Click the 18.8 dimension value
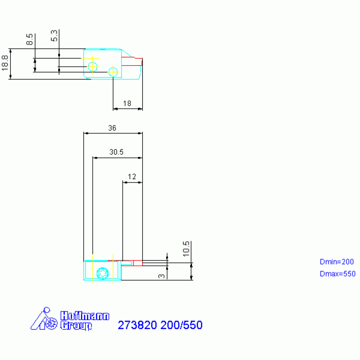point(5,63)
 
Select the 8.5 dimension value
point(30,39)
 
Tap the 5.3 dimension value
point(54,36)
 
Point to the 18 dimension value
point(127,103)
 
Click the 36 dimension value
point(112,128)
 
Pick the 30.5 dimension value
point(116,152)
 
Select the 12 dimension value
point(132,176)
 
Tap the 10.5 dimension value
point(186,249)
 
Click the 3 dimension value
point(161,276)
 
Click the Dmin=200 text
point(337,262)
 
